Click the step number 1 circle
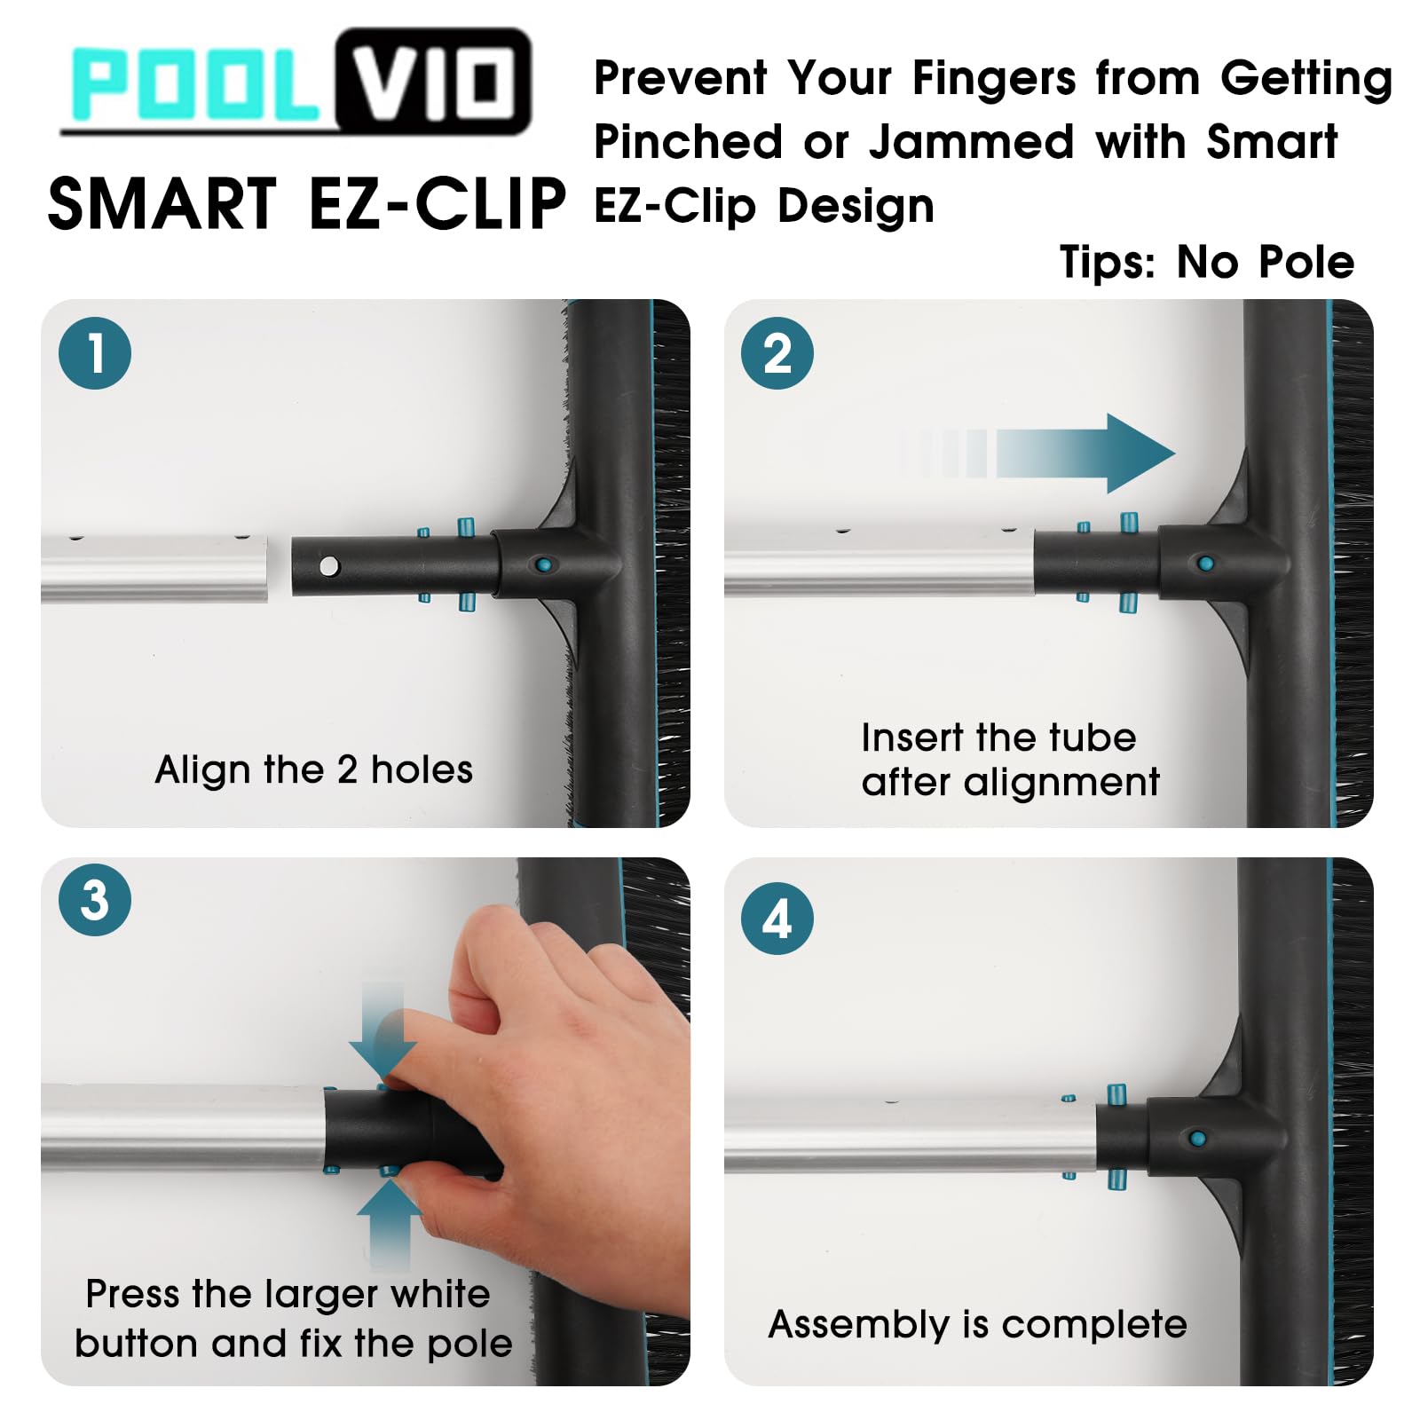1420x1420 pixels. [95, 353]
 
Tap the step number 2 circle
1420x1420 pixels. [777, 353]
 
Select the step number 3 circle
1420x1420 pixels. [95, 900]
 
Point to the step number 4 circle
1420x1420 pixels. [777, 919]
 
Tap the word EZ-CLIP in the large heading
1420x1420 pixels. [437, 204]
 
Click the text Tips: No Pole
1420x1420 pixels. [1207, 262]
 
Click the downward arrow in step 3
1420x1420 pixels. [383, 1029]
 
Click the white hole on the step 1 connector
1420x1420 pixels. [329, 565]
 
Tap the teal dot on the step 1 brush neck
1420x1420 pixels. [543, 564]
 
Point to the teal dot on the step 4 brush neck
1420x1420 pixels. [1197, 1138]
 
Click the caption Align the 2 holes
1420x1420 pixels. [314, 769]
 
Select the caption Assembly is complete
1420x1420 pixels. [978, 1324]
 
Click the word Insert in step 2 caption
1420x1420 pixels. [912, 738]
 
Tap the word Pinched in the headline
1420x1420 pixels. [689, 142]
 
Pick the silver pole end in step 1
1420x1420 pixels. [154, 569]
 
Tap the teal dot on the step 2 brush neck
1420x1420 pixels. [1205, 564]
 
